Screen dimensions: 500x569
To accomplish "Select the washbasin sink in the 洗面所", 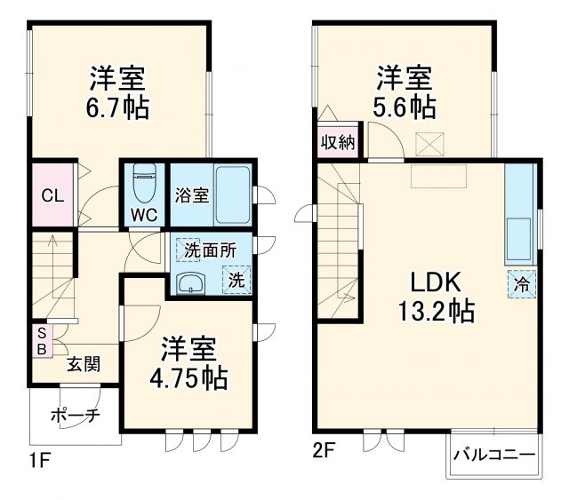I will click(x=189, y=283).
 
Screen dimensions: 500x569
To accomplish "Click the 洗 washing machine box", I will click(x=236, y=280).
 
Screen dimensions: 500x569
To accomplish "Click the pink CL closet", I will click(x=52, y=195).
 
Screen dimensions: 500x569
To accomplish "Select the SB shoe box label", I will click(x=40, y=340).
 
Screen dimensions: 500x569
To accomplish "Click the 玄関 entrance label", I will click(x=81, y=364).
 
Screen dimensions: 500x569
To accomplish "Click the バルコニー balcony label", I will click(x=495, y=456).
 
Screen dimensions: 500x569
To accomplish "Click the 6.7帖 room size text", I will click(x=118, y=108).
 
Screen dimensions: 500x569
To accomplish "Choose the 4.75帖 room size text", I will click(x=188, y=378).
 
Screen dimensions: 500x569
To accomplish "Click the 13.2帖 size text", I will click(x=435, y=312).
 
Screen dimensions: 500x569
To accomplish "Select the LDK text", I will click(x=435, y=282).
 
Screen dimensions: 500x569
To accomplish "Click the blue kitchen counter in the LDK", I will click(x=518, y=213).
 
